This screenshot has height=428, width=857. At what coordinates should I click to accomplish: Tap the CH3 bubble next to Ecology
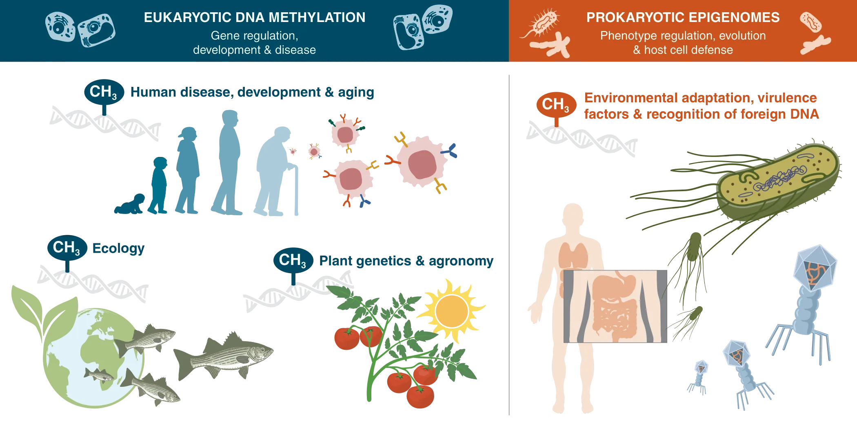click(67, 247)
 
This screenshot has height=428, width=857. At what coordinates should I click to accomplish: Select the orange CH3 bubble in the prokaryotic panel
click(555, 104)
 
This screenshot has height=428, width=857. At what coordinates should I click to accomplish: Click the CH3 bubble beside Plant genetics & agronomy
click(293, 260)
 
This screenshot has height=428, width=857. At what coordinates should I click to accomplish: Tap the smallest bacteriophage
click(700, 373)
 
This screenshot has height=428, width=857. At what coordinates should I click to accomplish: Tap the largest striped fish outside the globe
click(224, 355)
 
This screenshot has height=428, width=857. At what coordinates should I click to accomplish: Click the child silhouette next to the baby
click(159, 185)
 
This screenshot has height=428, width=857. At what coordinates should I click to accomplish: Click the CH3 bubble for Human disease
click(103, 92)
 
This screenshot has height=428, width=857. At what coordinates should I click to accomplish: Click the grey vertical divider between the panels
click(509, 245)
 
